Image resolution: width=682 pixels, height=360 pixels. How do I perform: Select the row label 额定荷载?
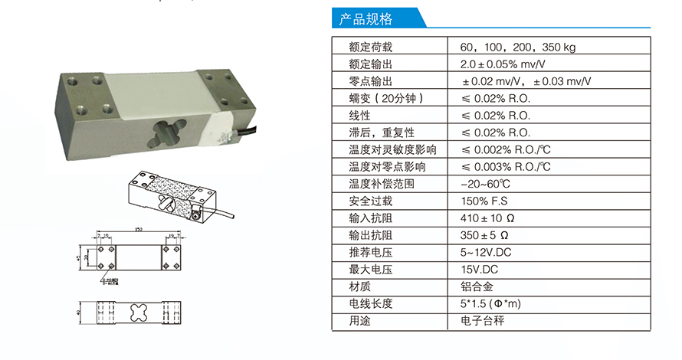click(370, 47)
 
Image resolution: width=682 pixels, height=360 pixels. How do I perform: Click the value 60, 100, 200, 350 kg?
click(518, 47)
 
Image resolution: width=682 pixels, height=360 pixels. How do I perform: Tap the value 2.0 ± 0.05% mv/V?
click(503, 64)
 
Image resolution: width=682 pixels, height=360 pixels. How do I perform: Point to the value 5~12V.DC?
click(486, 252)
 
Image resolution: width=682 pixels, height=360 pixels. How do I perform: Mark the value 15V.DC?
click(480, 270)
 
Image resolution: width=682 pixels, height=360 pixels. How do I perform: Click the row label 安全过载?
click(370, 201)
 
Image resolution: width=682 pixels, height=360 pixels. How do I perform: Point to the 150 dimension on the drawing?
click(139, 229)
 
